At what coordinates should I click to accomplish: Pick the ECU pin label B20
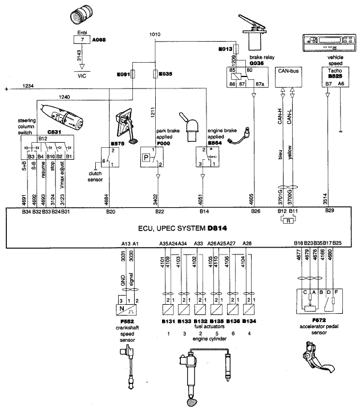coord(111,212)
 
